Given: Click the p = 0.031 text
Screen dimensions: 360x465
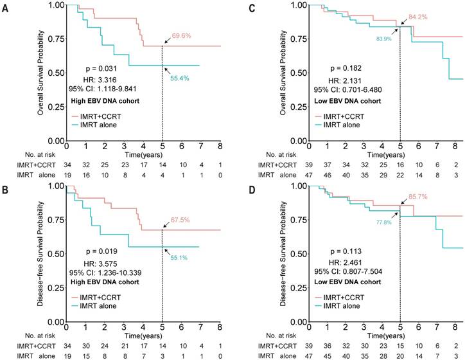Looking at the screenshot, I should tap(103, 67).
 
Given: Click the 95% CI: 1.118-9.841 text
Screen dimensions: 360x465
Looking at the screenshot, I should tap(103, 89).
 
